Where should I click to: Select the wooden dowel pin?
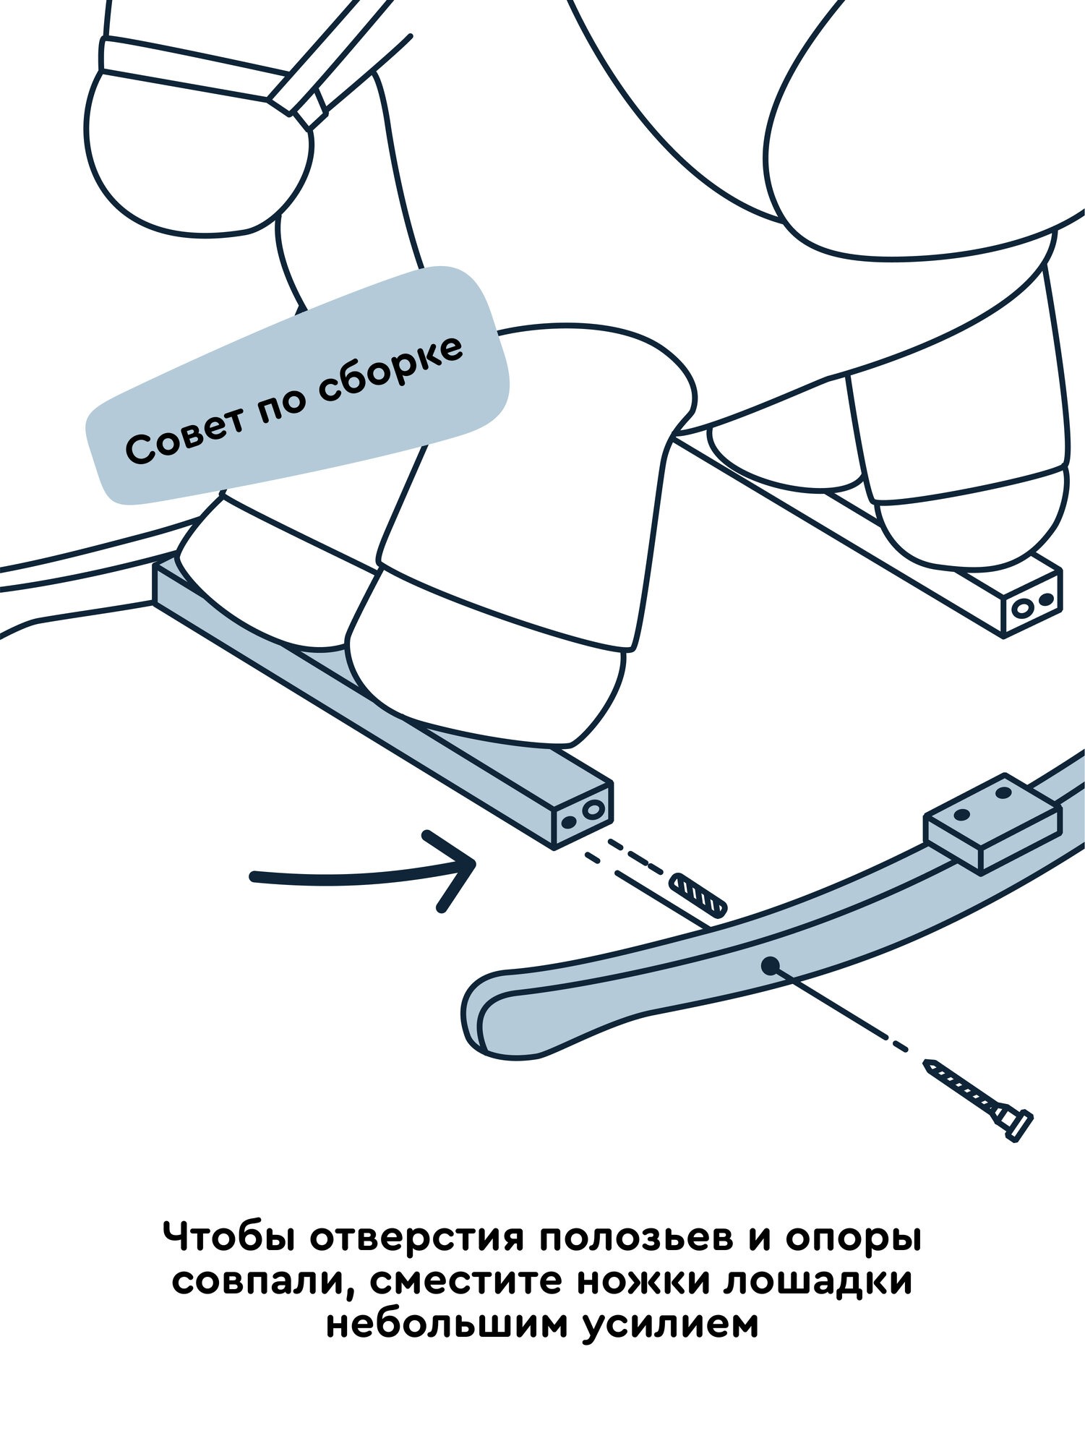click(698, 894)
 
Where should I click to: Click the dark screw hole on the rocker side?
click(770, 964)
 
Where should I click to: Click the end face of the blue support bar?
click(583, 815)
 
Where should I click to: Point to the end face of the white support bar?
click(1032, 604)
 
